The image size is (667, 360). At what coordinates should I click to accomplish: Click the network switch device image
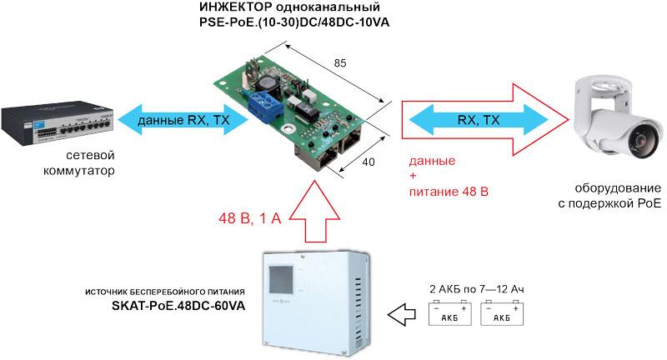[x=55, y=120]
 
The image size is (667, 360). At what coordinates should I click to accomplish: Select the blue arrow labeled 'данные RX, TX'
[x=183, y=120]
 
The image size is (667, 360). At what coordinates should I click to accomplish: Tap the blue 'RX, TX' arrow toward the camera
[x=479, y=120]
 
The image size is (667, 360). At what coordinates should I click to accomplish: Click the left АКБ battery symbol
[x=451, y=315]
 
